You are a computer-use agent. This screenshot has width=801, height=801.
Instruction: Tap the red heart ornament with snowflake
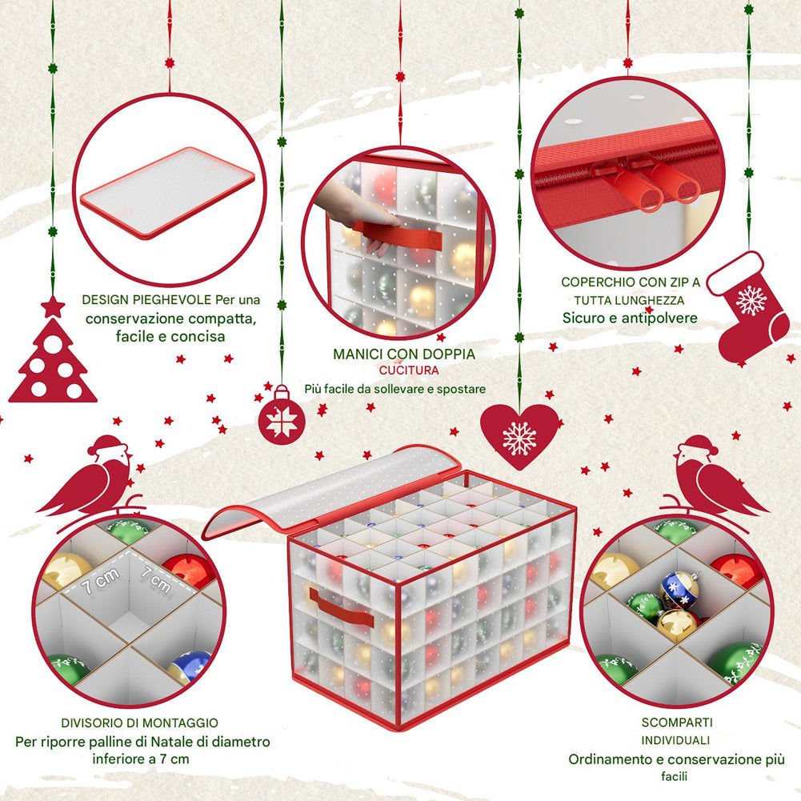[x=519, y=435]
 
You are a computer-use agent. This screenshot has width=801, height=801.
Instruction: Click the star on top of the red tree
[x=53, y=306]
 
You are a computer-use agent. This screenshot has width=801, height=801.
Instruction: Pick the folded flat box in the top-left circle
[x=167, y=192]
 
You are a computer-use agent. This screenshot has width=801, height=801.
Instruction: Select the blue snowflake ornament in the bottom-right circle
[x=679, y=589]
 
